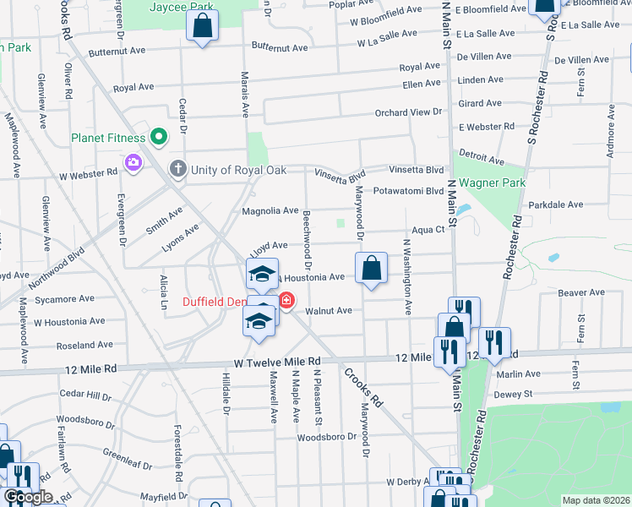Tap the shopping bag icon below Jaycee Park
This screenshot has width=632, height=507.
(203, 27)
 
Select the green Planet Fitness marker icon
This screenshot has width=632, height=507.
(157, 136)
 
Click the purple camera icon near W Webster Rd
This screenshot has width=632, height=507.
(133, 162)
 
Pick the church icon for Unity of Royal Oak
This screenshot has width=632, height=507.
(177, 169)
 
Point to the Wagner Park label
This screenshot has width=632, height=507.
(492, 183)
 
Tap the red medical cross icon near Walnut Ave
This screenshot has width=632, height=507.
(286, 301)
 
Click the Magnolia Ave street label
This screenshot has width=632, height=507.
(270, 210)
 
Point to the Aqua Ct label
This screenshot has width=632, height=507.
(428, 230)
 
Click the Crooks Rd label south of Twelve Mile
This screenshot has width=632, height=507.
(363, 386)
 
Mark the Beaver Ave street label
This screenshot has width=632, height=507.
(581, 292)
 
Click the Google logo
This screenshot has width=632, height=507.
(28, 497)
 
